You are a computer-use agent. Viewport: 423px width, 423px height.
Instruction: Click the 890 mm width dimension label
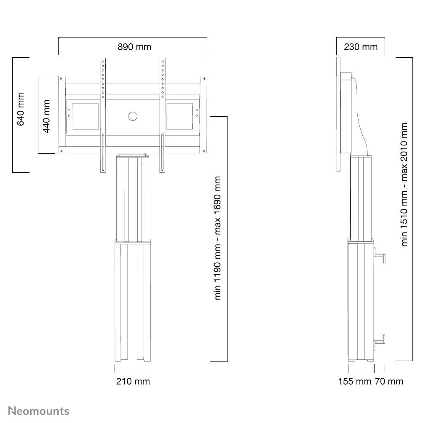tap(134, 47)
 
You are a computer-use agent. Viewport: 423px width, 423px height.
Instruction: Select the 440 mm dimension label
tap(46, 116)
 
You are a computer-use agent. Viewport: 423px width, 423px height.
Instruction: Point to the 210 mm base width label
tap(133, 381)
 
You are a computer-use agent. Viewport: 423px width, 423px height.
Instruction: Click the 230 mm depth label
tap(361, 47)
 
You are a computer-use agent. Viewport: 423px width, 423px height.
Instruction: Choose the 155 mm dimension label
tap(355, 381)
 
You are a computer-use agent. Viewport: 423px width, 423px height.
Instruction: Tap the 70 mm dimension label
tap(389, 381)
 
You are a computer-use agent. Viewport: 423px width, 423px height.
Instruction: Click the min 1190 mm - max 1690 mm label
tap(218, 238)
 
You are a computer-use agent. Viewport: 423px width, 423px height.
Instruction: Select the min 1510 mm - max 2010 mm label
tap(404, 185)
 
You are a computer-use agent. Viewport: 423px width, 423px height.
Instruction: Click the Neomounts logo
tap(39, 411)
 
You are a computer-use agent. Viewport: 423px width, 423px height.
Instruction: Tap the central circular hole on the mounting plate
tap(133, 116)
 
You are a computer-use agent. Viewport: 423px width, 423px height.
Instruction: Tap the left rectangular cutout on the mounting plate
tap(86, 116)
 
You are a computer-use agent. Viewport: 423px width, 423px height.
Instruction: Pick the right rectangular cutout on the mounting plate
tap(180, 116)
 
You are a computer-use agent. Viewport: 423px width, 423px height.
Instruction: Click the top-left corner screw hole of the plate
tap(61, 79)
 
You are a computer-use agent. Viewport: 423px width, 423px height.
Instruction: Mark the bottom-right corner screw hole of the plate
tap(204, 151)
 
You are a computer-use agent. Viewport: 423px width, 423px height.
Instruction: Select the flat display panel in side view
tap(338, 114)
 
